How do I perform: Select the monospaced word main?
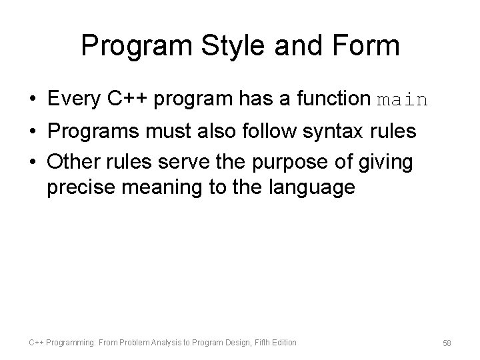pos(402,101)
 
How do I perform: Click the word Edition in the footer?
pos(283,343)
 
